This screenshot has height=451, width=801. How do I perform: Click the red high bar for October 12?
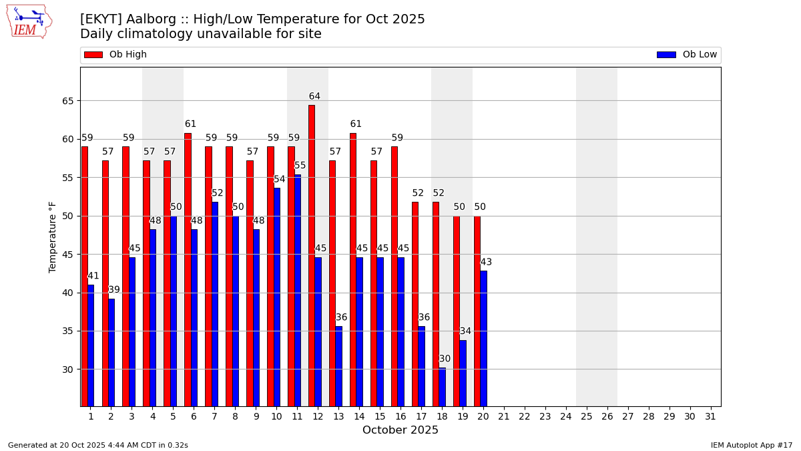[312, 254]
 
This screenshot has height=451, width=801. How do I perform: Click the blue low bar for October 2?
[111, 351]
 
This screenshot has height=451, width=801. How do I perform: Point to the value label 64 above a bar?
[314, 96]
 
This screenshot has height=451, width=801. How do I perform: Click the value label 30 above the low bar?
[445, 359]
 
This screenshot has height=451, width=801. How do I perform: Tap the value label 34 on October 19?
[465, 331]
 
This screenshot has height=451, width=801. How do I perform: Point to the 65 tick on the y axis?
[67, 101]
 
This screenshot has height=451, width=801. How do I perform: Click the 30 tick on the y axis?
[67, 369]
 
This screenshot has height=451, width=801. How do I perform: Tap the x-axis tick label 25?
[587, 416]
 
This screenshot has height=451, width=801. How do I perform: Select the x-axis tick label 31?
[710, 416]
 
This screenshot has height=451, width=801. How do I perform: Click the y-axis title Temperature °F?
[53, 237]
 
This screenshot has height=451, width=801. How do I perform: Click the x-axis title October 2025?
[400, 430]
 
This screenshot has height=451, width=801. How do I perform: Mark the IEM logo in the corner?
[29, 21]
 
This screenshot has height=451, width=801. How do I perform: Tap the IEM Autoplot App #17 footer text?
[751, 445]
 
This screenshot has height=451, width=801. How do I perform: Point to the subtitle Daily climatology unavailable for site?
[200, 34]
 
